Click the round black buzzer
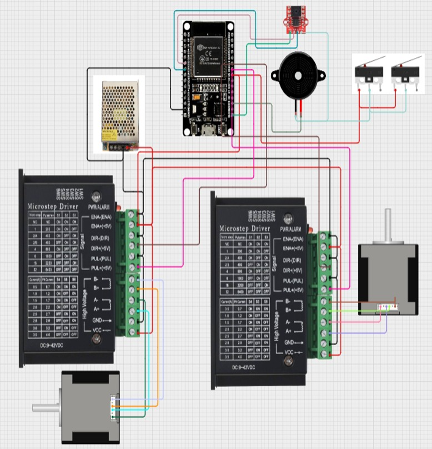point(298,76)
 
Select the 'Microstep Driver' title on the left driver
point(53,206)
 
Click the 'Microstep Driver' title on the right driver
point(244,228)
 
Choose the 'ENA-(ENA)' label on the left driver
point(101,217)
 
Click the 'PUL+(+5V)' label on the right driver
point(293,290)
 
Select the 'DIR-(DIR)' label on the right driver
point(292,261)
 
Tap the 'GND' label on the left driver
point(97,320)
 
